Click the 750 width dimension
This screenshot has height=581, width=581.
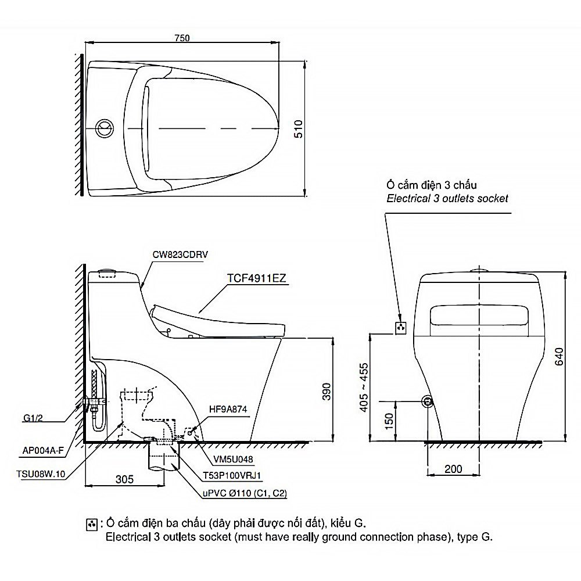click(x=182, y=38)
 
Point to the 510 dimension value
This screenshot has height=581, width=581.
click(x=298, y=129)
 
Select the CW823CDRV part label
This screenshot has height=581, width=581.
click(x=180, y=254)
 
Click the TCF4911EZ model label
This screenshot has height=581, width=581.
click(x=257, y=278)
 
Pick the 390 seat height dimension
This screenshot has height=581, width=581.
click(x=327, y=392)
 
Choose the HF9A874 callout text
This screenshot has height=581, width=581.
click(x=228, y=410)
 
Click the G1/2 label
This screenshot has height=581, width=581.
click(x=33, y=418)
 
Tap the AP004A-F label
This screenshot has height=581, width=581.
click(x=43, y=450)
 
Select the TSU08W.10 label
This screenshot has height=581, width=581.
click(x=41, y=474)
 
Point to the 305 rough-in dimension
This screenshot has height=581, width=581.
click(x=124, y=479)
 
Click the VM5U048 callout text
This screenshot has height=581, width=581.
click(x=233, y=460)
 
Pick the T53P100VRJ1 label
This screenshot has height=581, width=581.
click(x=232, y=475)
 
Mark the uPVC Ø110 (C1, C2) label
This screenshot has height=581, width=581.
click(x=245, y=493)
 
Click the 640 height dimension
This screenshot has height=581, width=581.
click(x=559, y=357)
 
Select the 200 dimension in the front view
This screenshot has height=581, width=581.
click(x=453, y=469)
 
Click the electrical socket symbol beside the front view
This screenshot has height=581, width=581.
click(x=400, y=328)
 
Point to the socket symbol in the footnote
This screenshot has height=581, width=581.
click(x=92, y=524)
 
